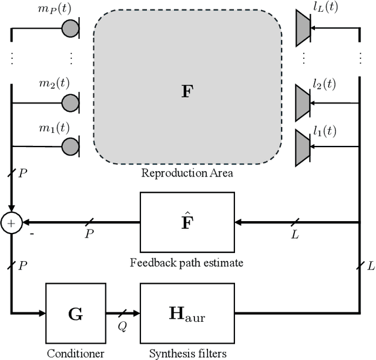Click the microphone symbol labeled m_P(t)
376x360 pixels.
tap(71, 28)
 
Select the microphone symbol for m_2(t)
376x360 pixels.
tap(71, 103)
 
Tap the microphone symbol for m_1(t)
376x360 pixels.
tap(71, 145)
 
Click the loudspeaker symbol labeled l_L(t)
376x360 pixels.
tap(304, 28)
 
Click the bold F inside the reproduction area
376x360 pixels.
tap(186, 92)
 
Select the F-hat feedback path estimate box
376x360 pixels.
tap(186, 222)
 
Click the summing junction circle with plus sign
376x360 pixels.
tap(11, 223)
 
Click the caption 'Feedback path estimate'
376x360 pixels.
tap(186, 263)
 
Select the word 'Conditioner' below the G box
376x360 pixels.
tap(75, 353)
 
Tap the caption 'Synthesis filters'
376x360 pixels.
tap(186, 353)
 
